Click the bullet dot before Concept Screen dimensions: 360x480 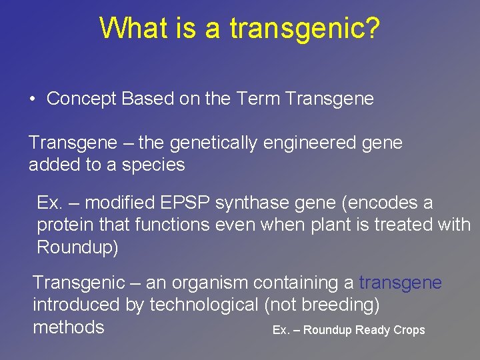32,100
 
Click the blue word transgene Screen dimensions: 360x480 400,283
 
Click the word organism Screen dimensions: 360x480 213,283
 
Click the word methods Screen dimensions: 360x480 69,327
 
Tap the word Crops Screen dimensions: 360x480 409,330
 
